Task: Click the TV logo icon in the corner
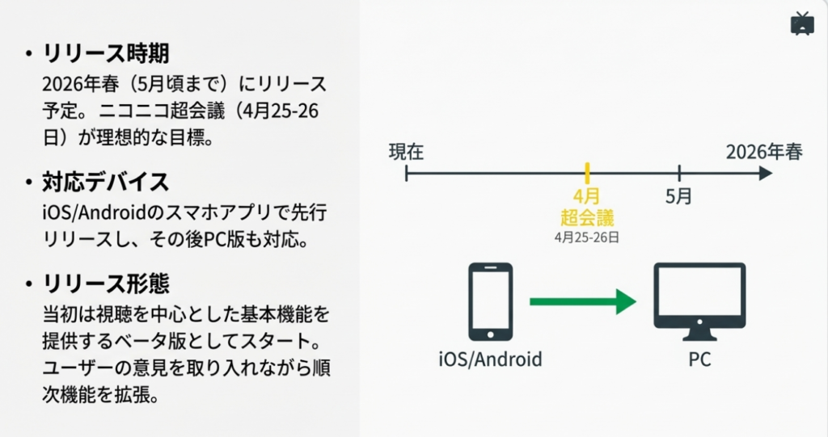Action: [801, 23]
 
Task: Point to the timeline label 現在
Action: [406, 151]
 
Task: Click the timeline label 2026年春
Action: [764, 151]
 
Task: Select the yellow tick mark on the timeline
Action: [588, 172]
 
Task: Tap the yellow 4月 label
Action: [586, 196]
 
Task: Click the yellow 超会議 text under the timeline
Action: [587, 217]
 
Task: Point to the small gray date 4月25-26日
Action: [587, 237]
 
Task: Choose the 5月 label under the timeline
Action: [679, 196]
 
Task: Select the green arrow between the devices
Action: [582, 302]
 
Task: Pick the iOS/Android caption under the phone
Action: [490, 359]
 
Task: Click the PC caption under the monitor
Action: [699, 359]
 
